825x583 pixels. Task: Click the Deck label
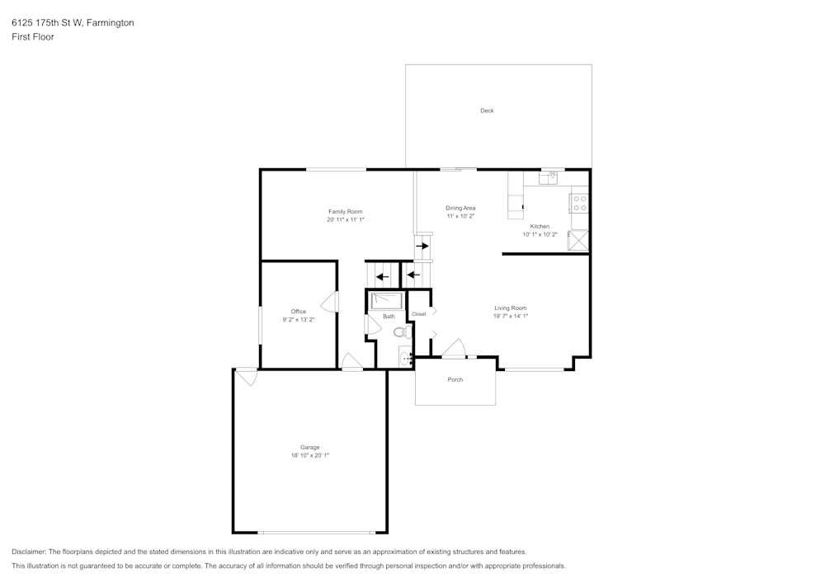tap(487, 110)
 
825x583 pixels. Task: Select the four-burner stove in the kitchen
tap(579, 203)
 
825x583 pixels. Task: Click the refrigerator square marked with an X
tap(579, 240)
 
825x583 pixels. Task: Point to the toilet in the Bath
tap(401, 333)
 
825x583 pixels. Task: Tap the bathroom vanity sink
tap(406, 358)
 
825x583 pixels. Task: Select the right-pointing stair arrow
tap(422, 246)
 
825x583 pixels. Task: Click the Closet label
tap(418, 314)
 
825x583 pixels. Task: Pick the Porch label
tap(455, 380)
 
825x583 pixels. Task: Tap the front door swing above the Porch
tap(453, 350)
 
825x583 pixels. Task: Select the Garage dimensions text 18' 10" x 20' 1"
tap(310, 455)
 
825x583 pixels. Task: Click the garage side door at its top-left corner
tap(246, 377)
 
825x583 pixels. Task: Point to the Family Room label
tap(345, 212)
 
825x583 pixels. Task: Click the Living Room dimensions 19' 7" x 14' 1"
tap(510, 316)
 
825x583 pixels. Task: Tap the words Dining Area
tap(460, 208)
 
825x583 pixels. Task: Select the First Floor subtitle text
tap(33, 37)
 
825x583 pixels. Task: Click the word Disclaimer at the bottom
tap(29, 552)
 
